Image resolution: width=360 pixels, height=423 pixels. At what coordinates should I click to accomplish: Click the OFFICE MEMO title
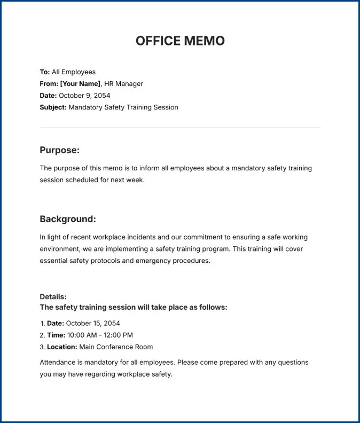pos(180,41)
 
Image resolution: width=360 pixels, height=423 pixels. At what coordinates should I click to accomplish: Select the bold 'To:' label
pos(45,72)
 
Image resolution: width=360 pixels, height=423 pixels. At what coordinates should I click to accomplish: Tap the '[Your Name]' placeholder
pos(80,84)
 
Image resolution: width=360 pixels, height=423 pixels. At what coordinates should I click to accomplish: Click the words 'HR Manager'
pos(123,84)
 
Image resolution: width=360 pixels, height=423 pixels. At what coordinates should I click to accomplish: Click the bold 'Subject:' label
pos(53,107)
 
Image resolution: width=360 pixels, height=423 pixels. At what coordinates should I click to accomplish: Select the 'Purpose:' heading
pos(59,150)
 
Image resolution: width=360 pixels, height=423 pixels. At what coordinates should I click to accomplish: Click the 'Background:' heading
pos(68,219)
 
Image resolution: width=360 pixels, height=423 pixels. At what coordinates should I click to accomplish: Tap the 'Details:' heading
pos(53,296)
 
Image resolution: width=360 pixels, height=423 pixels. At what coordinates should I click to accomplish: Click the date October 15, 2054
pos(93,323)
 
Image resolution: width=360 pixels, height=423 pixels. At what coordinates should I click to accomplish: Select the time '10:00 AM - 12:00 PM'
pos(100,335)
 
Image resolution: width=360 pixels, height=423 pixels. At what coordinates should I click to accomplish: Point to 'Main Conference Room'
pos(116,347)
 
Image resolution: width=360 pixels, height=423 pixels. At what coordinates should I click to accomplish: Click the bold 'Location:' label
pos(62,347)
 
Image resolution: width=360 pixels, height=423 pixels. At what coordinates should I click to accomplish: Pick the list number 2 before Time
pos(42,335)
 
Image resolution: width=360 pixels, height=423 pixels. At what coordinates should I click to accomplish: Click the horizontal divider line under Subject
pos(180,128)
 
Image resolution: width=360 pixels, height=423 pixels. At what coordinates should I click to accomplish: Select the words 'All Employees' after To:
pos(74,72)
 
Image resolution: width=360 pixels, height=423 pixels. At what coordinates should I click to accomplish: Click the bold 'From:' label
pos(49,84)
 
